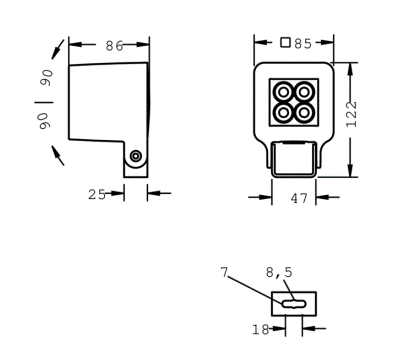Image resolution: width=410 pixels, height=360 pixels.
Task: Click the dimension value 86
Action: point(114,46)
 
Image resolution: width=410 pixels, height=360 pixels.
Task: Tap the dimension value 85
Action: point(303,44)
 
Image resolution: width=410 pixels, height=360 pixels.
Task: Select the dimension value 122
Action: point(351,114)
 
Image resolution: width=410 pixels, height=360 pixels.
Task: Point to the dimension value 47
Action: point(299,198)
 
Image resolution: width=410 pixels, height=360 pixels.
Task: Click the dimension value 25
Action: point(97,194)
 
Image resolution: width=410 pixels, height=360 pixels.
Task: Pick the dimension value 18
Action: point(260,330)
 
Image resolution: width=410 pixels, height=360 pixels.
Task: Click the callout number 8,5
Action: point(279,273)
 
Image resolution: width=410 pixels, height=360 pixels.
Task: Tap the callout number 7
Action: point(224,272)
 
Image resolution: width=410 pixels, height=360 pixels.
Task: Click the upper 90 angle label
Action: point(47,78)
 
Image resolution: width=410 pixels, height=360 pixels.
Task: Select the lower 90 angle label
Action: point(44,121)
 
